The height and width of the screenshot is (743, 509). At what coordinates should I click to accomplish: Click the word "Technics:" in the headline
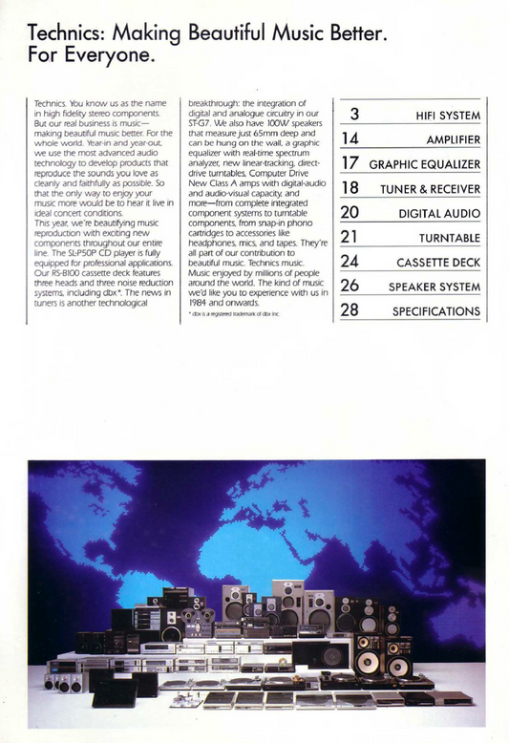tap(66, 35)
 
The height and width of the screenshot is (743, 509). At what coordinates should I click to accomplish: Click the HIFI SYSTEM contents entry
tap(447, 117)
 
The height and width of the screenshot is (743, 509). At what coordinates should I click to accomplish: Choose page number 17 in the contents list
tap(350, 164)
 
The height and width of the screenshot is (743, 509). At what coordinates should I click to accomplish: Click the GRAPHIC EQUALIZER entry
tap(425, 165)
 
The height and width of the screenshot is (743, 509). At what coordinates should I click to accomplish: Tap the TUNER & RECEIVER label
tap(431, 189)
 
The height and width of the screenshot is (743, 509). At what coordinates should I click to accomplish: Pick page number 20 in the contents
tap(350, 213)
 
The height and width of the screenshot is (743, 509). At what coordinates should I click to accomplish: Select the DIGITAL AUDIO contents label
tap(439, 214)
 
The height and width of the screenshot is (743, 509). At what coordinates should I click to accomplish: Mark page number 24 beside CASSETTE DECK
tap(350, 262)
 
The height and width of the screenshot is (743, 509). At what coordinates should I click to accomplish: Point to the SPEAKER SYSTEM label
tap(434, 287)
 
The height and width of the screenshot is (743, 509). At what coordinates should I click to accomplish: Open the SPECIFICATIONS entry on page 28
tap(436, 311)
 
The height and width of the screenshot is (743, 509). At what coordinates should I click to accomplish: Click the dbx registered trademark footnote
tap(240, 314)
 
